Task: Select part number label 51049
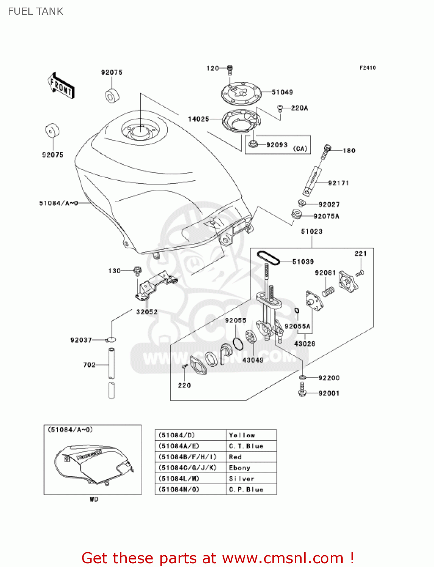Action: pyautogui.click(x=282, y=92)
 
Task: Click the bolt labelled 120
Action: pyautogui.click(x=230, y=69)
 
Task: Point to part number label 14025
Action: pyautogui.click(x=199, y=119)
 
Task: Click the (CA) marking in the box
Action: pyautogui.click(x=300, y=149)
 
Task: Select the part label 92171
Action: pyautogui.click(x=338, y=183)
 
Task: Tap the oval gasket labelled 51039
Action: pyautogui.click(x=268, y=257)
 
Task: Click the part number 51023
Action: pyautogui.click(x=311, y=231)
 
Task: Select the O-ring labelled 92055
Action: pyautogui.click(x=238, y=344)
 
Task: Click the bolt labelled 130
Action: pyautogui.click(x=137, y=271)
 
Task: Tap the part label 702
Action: pyautogui.click(x=89, y=365)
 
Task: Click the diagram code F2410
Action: pyautogui.click(x=367, y=68)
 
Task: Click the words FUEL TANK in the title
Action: pyautogui.click(x=36, y=11)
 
